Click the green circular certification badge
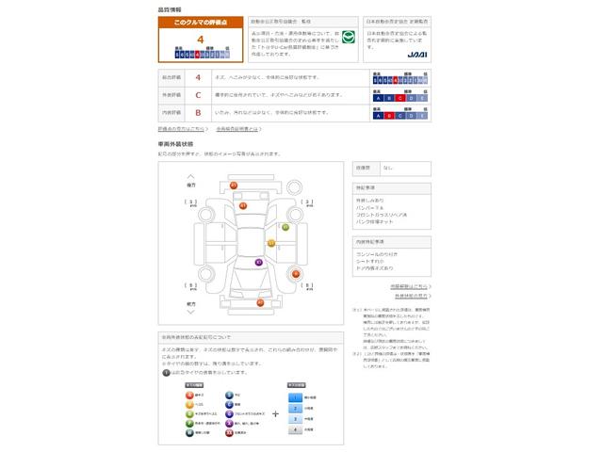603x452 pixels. coord(347,39)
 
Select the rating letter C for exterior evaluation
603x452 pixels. coord(198,95)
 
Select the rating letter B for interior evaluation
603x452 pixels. coord(198,112)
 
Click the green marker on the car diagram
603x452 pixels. coord(285,226)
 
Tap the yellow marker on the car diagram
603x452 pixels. coord(270,243)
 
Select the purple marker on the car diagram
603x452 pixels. coord(257,263)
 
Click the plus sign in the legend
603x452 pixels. coord(275,412)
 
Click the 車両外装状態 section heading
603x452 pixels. coord(176,144)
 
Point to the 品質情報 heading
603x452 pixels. coord(171,8)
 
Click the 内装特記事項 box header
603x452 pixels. coord(368,242)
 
